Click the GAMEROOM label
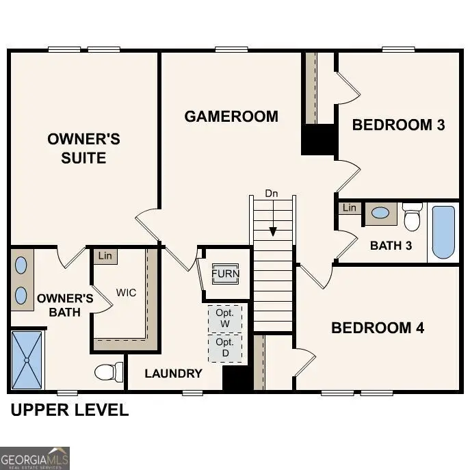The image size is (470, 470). tap(231, 116)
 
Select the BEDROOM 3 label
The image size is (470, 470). tap(398, 125)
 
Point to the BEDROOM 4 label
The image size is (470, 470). tap(378, 328)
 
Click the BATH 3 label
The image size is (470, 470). tap(391, 246)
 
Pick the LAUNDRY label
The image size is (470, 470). tap(173, 374)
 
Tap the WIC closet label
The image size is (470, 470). tap(126, 293)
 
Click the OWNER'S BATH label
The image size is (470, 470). tap(65, 305)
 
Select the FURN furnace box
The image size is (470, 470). tap(225, 274)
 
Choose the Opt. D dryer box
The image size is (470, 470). tap(224, 347)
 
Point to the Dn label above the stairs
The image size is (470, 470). tap(272, 194)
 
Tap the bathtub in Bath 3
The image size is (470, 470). tap(443, 233)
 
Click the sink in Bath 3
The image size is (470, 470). tap(380, 213)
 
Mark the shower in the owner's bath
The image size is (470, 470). tap(27, 359)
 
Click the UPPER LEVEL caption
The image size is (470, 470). tap(69, 410)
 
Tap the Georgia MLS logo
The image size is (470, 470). tap(35, 458)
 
